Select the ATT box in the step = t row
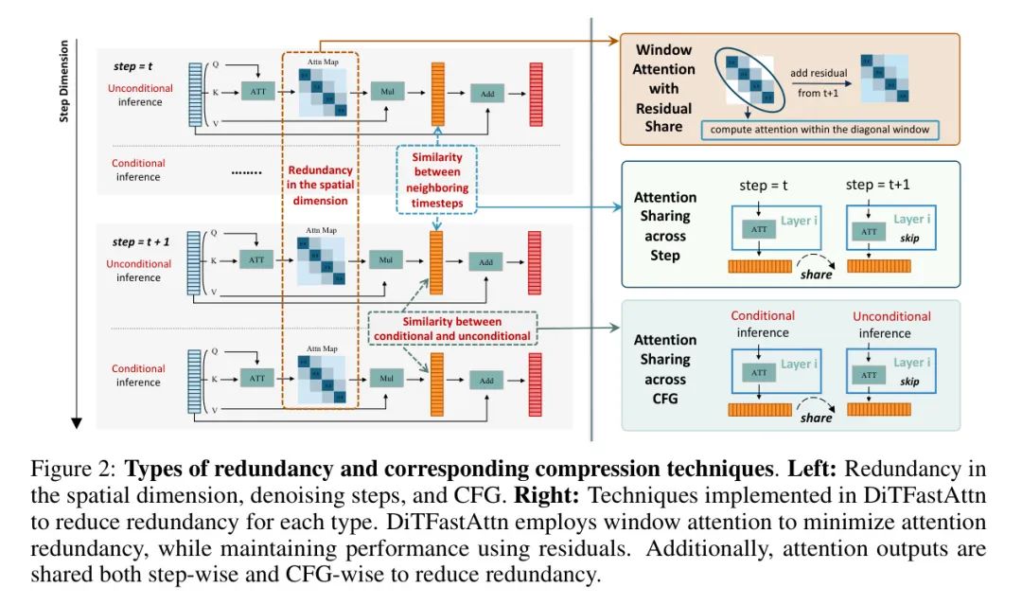[x=256, y=91]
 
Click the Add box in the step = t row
[x=486, y=91]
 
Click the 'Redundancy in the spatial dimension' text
[x=319, y=186]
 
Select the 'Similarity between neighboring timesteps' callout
[x=437, y=173]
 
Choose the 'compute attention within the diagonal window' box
[x=820, y=130]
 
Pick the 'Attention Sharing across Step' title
[x=664, y=226]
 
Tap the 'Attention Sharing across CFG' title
[x=664, y=368]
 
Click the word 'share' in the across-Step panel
[x=816, y=274]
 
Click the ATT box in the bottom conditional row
[x=256, y=378]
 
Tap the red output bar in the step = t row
[x=536, y=95]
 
